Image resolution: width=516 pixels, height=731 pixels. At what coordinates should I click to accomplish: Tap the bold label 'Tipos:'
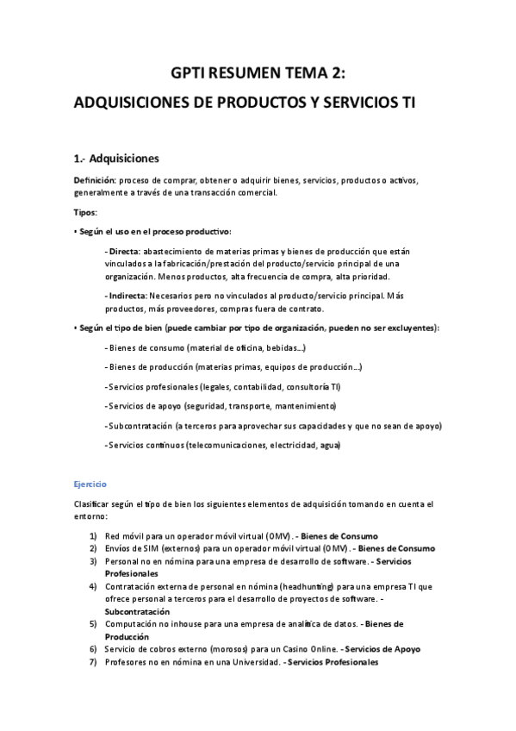[x=85, y=211]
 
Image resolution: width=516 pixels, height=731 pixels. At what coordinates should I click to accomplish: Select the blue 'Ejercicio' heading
[x=90, y=484]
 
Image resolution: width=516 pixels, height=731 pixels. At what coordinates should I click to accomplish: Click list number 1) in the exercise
[x=93, y=535]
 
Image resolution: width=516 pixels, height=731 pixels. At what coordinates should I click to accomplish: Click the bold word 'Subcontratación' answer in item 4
[x=139, y=610]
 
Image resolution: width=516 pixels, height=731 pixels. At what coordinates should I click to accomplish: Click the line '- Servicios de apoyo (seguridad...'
[x=221, y=406]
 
